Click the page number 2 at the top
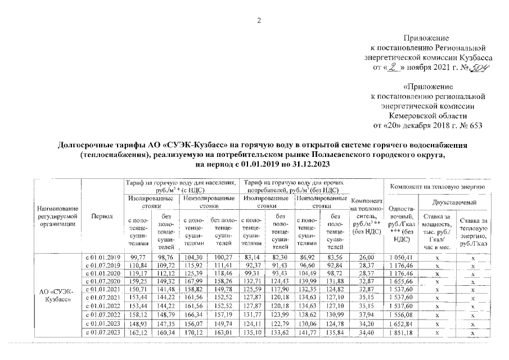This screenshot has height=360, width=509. (259, 21)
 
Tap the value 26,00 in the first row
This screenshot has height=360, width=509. (366, 256)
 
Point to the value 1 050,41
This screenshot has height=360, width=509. (400, 256)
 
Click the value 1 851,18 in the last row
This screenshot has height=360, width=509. (400, 333)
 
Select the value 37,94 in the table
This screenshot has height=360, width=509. (366, 316)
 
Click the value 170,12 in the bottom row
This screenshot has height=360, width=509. (193, 333)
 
